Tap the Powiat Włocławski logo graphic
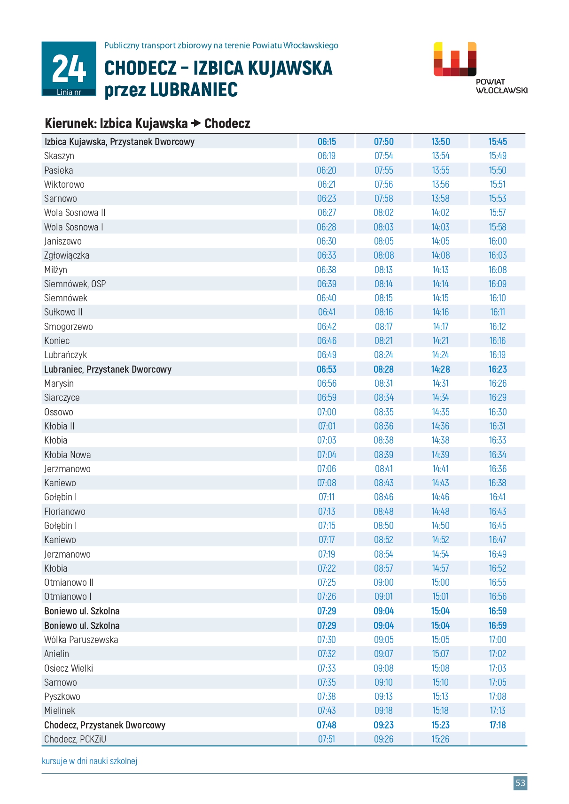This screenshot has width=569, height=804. tap(455, 60)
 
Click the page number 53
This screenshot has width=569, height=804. tap(520, 782)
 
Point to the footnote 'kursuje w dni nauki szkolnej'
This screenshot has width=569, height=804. tap(89, 761)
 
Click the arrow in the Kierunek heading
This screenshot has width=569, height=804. tap(196, 123)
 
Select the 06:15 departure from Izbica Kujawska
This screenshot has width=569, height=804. tap(327, 142)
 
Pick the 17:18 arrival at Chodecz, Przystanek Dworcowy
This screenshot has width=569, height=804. tap(498, 725)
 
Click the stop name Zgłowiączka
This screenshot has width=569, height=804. tap(67, 255)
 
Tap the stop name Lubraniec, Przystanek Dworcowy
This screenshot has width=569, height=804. tap(108, 369)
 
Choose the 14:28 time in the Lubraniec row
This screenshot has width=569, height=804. tap(440, 369)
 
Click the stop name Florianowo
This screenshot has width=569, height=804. tap(65, 512)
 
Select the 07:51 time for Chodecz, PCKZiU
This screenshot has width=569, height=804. tap(327, 739)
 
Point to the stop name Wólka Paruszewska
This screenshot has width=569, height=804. tap(81, 640)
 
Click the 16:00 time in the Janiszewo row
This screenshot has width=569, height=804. tap(498, 241)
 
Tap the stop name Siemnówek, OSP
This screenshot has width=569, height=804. tap(75, 284)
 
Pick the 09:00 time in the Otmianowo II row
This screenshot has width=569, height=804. tap(383, 582)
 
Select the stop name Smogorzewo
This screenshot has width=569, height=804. tap(69, 327)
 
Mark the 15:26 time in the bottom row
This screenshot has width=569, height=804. tap(440, 739)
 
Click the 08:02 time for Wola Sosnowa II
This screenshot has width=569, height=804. tap(383, 213)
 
